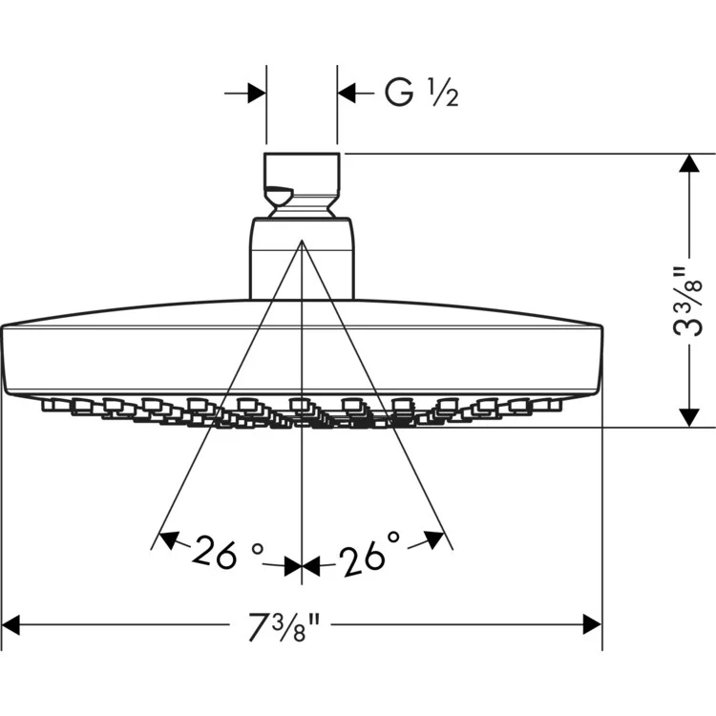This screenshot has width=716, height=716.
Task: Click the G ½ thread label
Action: [421, 93]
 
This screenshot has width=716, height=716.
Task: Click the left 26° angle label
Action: [227, 551]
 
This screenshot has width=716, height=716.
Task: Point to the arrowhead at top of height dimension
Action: [685, 164]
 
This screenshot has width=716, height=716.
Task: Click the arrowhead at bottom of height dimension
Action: [685, 417]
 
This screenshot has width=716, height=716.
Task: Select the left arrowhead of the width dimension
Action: [13, 626]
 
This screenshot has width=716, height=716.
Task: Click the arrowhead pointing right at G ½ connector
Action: [256, 93]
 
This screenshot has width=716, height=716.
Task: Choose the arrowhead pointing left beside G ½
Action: [347, 93]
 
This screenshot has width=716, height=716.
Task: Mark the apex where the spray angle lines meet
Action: [302, 242]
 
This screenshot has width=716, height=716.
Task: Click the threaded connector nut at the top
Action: [301, 183]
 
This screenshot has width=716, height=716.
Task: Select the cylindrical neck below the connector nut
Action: [302, 258]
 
